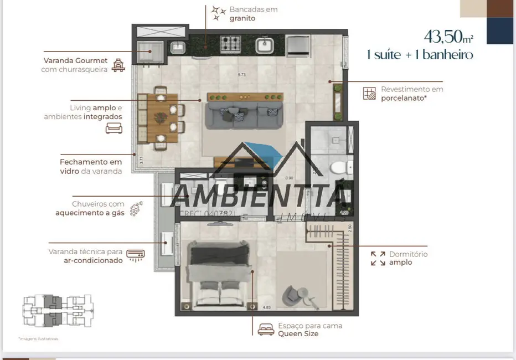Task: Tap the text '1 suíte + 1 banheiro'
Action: (420, 55)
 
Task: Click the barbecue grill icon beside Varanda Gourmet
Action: (118, 66)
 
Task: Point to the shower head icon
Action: (135, 209)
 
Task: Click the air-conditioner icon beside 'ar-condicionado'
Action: (135, 255)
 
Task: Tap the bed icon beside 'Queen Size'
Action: (266, 330)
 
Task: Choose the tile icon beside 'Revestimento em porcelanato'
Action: (369, 93)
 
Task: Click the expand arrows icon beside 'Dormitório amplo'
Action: (378, 258)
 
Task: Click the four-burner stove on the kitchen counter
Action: (230, 43)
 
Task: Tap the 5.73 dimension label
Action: (241, 75)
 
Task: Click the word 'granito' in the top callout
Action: (242, 18)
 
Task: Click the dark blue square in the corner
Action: (500, 30)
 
